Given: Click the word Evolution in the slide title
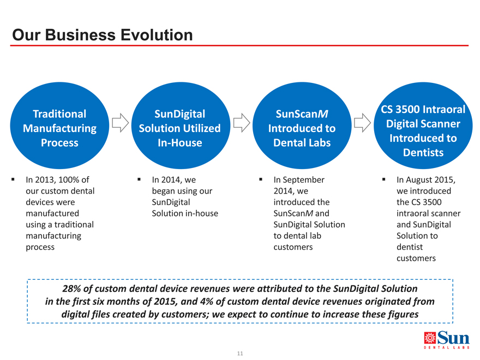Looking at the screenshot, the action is point(157,34).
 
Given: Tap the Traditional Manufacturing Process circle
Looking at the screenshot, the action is point(59,125).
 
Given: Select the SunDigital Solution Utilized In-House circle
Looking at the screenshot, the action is point(181,125).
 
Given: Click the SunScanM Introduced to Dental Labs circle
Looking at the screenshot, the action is point(302,125).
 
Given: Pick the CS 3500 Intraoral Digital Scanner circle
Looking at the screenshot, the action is point(423,125).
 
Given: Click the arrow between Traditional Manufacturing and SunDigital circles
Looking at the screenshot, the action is point(121,123).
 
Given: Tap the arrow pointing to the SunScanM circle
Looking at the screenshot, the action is point(242,123).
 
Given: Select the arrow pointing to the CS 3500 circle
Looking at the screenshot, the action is point(362,123).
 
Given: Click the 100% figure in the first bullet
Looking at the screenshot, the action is point(69,179).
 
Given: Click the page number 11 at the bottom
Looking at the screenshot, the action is point(240,353).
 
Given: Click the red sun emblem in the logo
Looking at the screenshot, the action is point(430,338).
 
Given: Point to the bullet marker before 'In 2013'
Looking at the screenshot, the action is point(13,179).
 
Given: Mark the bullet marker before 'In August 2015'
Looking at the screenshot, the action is point(383,179).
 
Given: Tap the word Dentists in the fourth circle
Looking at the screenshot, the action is point(423,152).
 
